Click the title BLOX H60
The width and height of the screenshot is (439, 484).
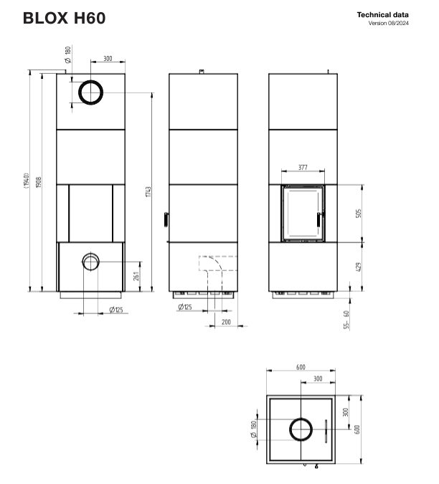(64, 18)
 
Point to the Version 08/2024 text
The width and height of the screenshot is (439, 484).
(389, 24)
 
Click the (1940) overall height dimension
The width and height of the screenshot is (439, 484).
(25, 180)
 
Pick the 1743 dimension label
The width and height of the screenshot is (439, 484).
(148, 191)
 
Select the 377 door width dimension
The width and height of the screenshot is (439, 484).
(303, 167)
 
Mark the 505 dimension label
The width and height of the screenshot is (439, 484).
(358, 213)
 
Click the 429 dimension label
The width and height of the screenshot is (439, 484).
(358, 267)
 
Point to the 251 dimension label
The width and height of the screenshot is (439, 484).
(136, 277)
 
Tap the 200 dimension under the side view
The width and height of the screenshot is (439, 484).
(226, 322)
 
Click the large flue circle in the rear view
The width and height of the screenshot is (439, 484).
(90, 92)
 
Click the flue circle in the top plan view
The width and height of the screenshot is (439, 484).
(301, 430)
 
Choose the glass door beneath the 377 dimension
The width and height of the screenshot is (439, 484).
(302, 213)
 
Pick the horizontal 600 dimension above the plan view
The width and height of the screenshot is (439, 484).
(301, 367)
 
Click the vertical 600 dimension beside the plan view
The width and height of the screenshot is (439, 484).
(357, 429)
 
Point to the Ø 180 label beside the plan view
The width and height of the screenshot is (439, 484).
(254, 430)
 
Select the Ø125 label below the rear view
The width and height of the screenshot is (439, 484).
(117, 309)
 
